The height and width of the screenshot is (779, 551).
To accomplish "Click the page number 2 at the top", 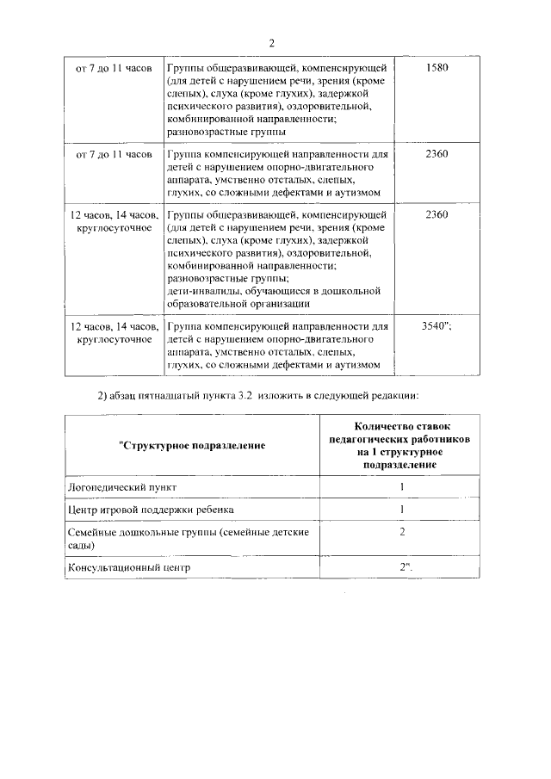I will click(x=272, y=44).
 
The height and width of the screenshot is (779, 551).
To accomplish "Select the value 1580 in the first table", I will click(x=436, y=67).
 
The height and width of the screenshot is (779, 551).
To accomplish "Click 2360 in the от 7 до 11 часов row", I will click(x=436, y=154).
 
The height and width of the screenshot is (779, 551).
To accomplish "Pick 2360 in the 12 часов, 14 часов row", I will click(x=436, y=214).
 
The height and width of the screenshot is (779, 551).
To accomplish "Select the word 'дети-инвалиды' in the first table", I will click(x=203, y=291).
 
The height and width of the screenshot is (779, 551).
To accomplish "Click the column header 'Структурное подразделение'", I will click(x=191, y=445).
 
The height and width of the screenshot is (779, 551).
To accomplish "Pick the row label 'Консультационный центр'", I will click(x=128, y=567).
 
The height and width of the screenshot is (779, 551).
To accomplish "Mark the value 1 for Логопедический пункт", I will click(x=401, y=487).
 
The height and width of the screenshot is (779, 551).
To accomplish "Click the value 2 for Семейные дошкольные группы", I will click(x=401, y=532).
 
